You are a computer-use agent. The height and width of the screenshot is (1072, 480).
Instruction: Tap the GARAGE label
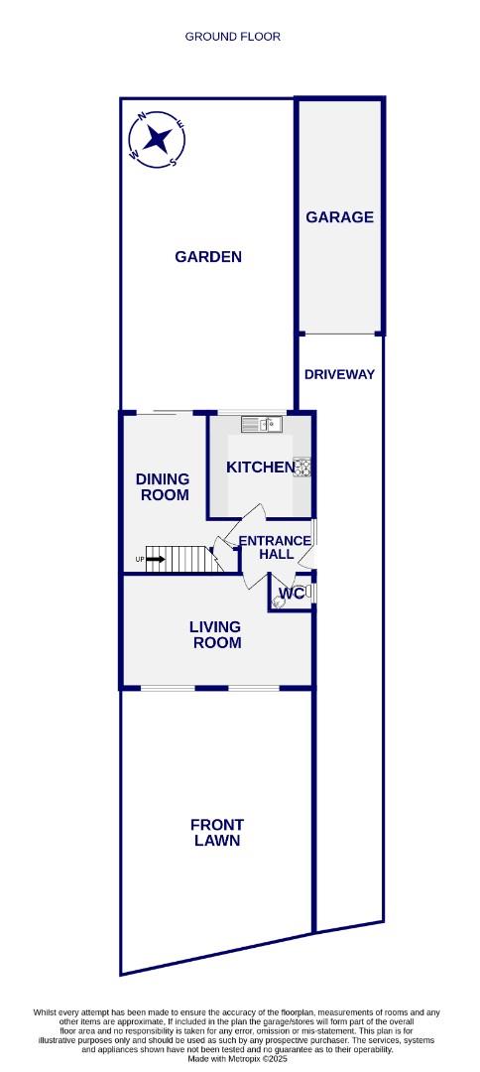[339, 216]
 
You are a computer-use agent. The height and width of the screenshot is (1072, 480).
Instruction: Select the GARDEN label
[208, 257]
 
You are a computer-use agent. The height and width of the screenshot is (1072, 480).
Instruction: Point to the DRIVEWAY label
[339, 374]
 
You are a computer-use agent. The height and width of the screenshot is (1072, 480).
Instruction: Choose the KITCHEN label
[260, 467]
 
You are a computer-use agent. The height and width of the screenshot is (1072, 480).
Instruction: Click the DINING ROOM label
[164, 486]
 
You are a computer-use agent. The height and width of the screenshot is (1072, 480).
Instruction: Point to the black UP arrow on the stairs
[155, 559]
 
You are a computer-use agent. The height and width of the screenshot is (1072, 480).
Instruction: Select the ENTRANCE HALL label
[277, 547]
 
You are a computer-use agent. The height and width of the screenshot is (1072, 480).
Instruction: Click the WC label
[292, 594]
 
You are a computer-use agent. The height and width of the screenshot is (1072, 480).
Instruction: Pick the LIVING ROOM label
[216, 634]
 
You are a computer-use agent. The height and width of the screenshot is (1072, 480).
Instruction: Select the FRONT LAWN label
[217, 832]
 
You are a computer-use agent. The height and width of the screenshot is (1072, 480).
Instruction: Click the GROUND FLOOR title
[233, 37]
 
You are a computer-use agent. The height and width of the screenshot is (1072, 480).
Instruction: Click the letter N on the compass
[142, 116]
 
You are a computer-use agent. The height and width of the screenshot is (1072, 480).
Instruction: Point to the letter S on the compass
[173, 162]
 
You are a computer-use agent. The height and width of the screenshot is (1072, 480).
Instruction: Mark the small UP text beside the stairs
[140, 560]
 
